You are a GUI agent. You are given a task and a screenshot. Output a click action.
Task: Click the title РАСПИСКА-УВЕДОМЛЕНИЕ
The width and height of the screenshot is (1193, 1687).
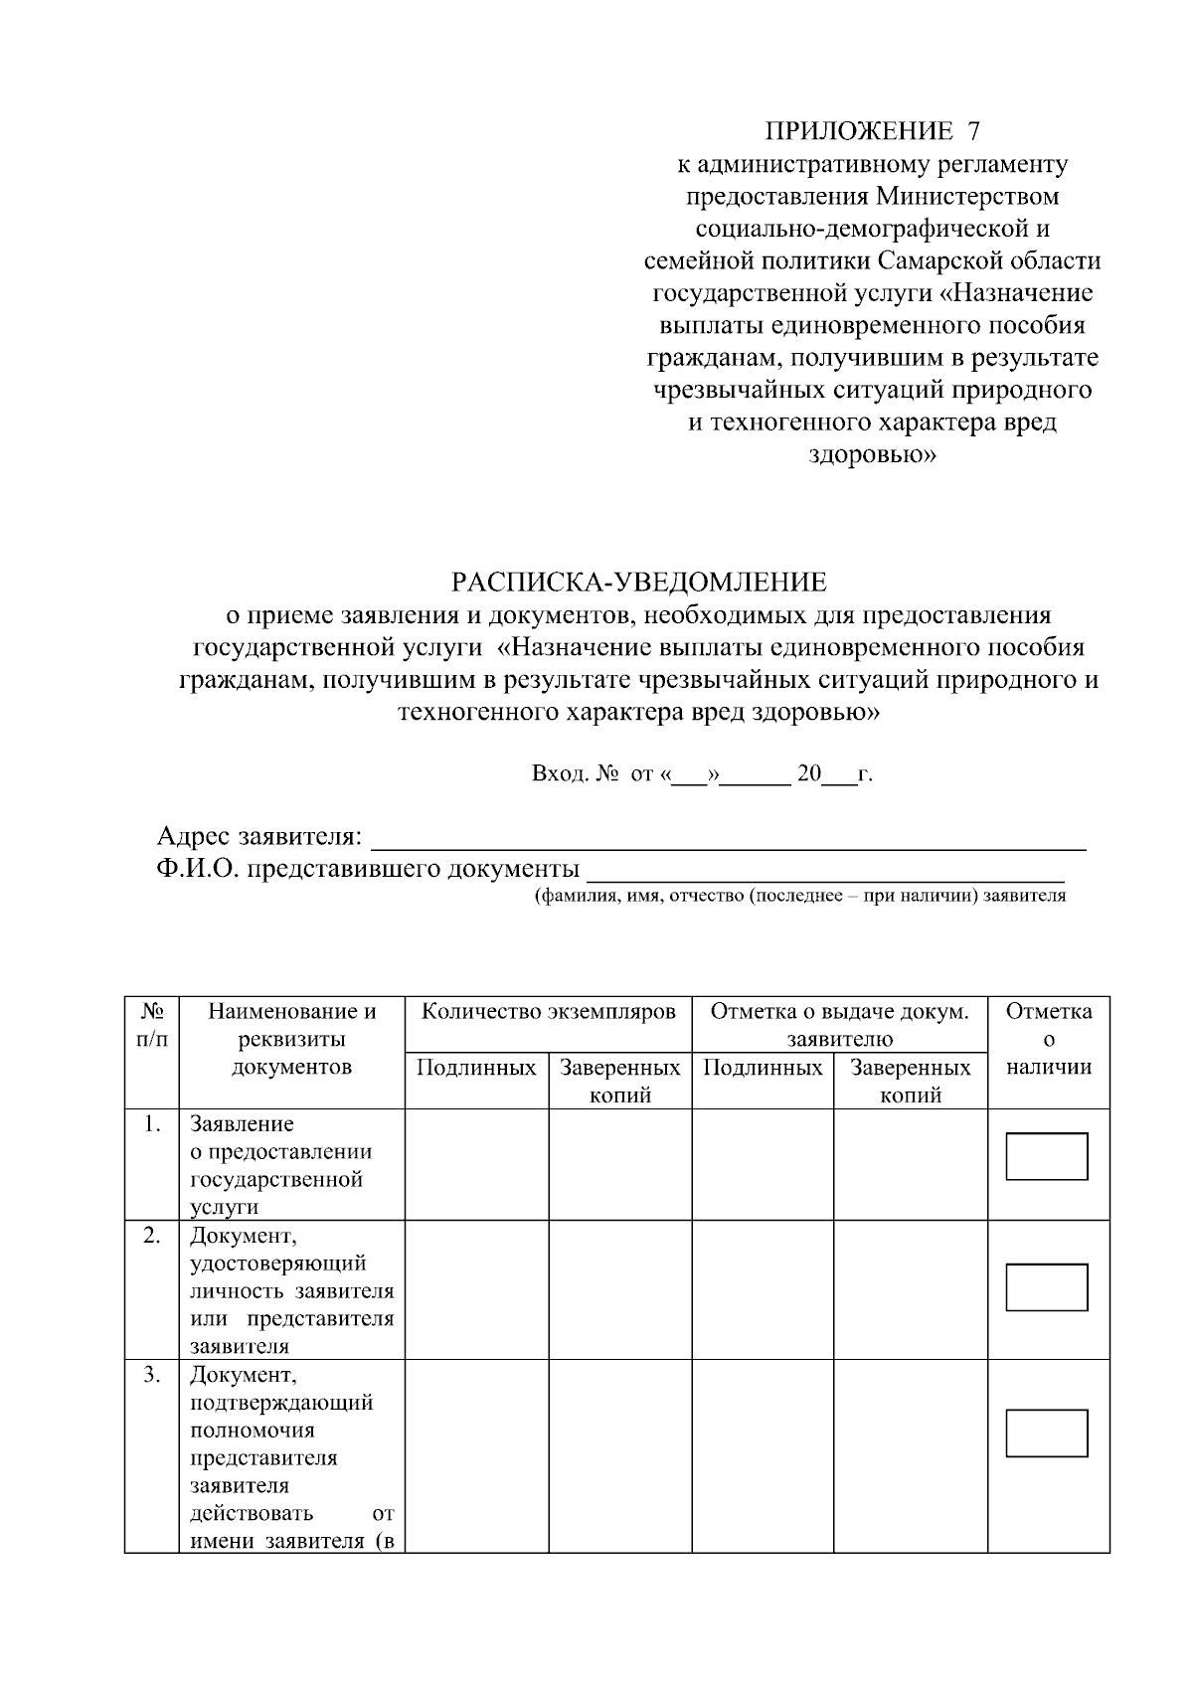tap(639, 582)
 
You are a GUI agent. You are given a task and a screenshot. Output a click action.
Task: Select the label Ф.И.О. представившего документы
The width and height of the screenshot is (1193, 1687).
tap(368, 870)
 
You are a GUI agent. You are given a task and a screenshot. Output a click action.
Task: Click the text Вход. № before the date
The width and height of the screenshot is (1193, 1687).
tap(576, 774)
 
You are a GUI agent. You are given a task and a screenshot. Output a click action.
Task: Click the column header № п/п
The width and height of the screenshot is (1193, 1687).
tap(152, 1026)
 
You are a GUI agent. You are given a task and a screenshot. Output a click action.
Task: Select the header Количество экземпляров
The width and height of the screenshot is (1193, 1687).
tap(549, 1013)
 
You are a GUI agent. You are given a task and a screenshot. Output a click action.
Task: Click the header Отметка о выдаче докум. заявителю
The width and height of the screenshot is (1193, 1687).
tap(839, 1025)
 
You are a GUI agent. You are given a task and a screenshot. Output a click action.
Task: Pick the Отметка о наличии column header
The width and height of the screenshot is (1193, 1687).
tap(1049, 1040)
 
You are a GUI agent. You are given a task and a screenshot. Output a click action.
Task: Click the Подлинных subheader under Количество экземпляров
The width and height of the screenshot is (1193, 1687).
tap(476, 1069)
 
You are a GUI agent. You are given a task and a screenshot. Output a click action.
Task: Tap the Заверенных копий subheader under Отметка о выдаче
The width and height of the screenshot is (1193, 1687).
tap(910, 1082)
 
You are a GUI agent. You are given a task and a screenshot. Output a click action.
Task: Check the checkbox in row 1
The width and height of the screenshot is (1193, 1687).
tap(1047, 1157)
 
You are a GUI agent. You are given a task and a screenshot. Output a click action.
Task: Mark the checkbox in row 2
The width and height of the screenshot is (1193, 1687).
tap(1047, 1287)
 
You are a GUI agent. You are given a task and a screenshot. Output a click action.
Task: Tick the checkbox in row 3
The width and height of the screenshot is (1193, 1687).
tap(1047, 1434)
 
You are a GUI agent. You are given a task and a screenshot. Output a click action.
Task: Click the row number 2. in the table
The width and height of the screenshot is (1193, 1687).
tap(151, 1236)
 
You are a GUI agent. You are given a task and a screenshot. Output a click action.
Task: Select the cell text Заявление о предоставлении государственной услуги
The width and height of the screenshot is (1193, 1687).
tap(281, 1166)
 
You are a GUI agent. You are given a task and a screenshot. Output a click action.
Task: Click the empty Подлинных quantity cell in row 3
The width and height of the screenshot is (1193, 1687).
tap(476, 1455)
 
